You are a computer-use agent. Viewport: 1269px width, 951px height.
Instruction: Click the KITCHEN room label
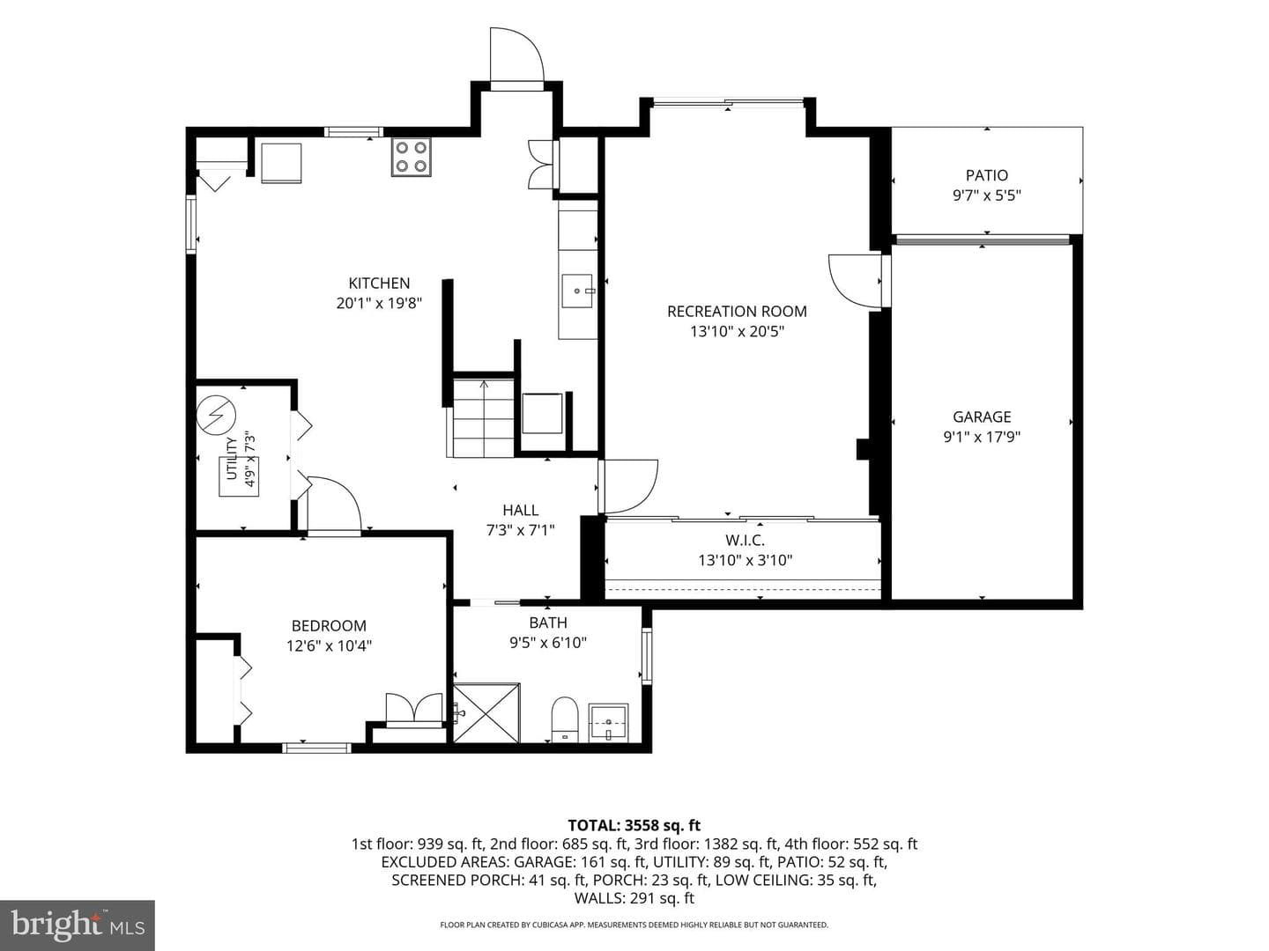pos(379,283)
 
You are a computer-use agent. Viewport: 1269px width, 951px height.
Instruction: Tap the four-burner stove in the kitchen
pos(411,157)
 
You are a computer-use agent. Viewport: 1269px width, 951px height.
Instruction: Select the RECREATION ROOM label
pos(737,311)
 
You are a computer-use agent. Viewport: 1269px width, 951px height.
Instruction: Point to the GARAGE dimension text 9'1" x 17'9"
pos(982,437)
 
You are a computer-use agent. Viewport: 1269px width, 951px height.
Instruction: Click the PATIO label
pos(986,175)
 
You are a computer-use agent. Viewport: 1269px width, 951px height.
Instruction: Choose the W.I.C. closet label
pos(745,541)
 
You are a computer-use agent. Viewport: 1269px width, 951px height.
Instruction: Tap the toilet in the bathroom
pos(565,719)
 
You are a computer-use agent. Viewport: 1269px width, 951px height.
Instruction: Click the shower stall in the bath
pos(486,712)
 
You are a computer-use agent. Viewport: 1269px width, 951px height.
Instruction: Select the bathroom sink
pos(608,722)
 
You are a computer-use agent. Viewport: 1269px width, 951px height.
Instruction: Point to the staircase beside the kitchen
pos(483,417)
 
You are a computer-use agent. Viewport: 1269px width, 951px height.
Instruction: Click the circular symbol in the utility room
pos(216,415)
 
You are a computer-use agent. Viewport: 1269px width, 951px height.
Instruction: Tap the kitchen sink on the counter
pos(577,291)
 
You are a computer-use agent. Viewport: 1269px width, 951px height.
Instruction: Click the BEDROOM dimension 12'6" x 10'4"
pos(329,645)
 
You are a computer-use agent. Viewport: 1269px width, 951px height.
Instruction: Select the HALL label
pos(520,510)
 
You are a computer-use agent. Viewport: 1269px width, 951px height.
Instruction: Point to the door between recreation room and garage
pos(855,281)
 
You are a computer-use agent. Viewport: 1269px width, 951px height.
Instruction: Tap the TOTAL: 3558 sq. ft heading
pos(634,825)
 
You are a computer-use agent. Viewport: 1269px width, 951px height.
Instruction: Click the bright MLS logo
pos(78,925)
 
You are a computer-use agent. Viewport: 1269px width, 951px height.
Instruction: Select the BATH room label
pos(547,623)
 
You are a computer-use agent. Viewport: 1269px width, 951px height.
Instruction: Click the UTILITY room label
pos(231,459)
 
